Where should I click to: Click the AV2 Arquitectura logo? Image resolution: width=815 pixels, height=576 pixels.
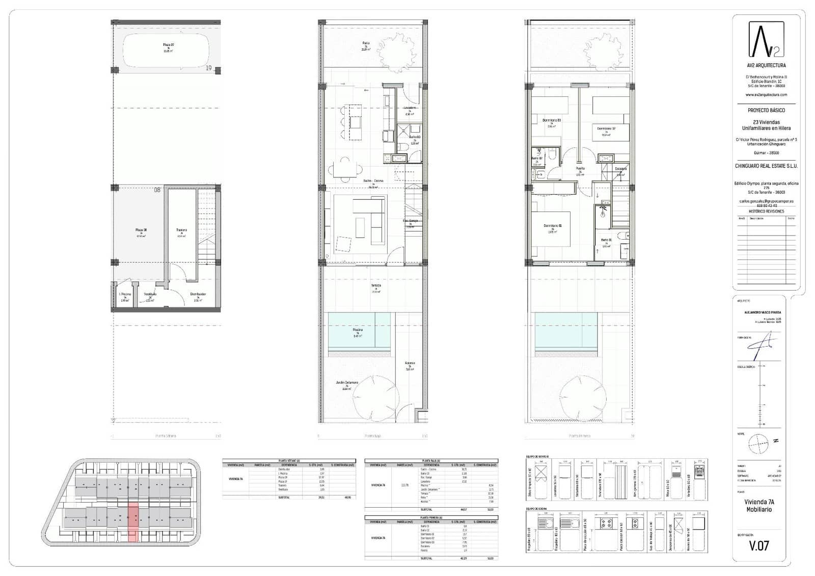(x=766, y=40)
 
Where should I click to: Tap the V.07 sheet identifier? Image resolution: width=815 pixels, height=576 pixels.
(x=758, y=545)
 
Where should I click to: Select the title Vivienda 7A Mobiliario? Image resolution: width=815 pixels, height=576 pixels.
(x=758, y=505)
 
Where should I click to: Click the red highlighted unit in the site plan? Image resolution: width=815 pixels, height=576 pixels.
(x=132, y=521)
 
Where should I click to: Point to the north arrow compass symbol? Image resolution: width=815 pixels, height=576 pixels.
(x=757, y=443)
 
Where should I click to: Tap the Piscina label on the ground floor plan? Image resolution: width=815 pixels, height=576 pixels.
(x=358, y=330)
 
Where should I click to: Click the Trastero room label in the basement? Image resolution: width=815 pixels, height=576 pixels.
(x=181, y=230)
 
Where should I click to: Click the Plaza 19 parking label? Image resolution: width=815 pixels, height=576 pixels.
(x=169, y=45)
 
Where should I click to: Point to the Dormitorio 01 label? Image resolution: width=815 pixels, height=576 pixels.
(x=552, y=226)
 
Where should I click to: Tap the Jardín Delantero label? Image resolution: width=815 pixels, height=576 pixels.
(x=346, y=382)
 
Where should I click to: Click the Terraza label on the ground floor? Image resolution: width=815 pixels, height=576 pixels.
(x=376, y=285)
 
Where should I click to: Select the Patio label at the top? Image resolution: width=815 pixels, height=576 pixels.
(x=366, y=43)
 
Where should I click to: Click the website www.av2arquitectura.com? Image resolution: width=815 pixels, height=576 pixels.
(x=766, y=95)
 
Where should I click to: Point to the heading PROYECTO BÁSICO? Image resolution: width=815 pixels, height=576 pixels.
(x=766, y=110)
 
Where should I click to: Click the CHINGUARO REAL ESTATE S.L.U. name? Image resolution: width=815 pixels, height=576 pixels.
(x=766, y=166)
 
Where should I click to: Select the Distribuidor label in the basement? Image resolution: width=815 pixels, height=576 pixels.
(x=198, y=294)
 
